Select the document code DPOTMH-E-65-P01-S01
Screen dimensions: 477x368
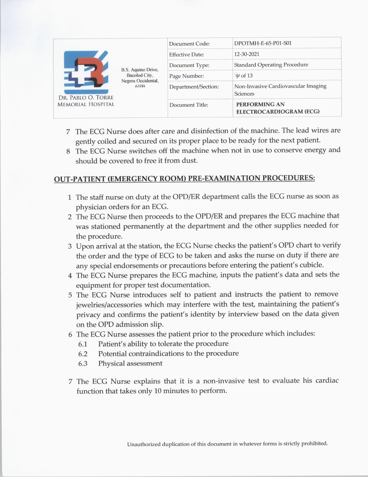tap(263, 43)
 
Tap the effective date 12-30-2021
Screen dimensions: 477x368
tap(246, 54)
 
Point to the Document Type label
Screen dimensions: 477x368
tap(189, 65)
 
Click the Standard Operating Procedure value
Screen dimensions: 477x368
tap(271, 65)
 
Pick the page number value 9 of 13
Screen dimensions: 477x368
tap(244, 76)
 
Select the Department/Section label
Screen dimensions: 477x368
tap(194, 87)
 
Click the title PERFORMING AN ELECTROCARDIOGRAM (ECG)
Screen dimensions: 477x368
tap(277, 108)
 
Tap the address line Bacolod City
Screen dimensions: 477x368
tap(140, 75)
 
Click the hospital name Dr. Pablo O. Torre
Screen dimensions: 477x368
tap(86, 98)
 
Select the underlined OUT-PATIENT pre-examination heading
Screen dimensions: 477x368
tap(184, 178)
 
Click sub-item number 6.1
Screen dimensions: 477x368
tap(83, 344)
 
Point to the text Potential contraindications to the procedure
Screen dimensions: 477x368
tap(168, 354)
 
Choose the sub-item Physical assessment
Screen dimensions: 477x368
tap(130, 363)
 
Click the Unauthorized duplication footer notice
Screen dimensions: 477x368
tap(227, 444)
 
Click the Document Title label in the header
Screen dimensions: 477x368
tap(188, 105)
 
